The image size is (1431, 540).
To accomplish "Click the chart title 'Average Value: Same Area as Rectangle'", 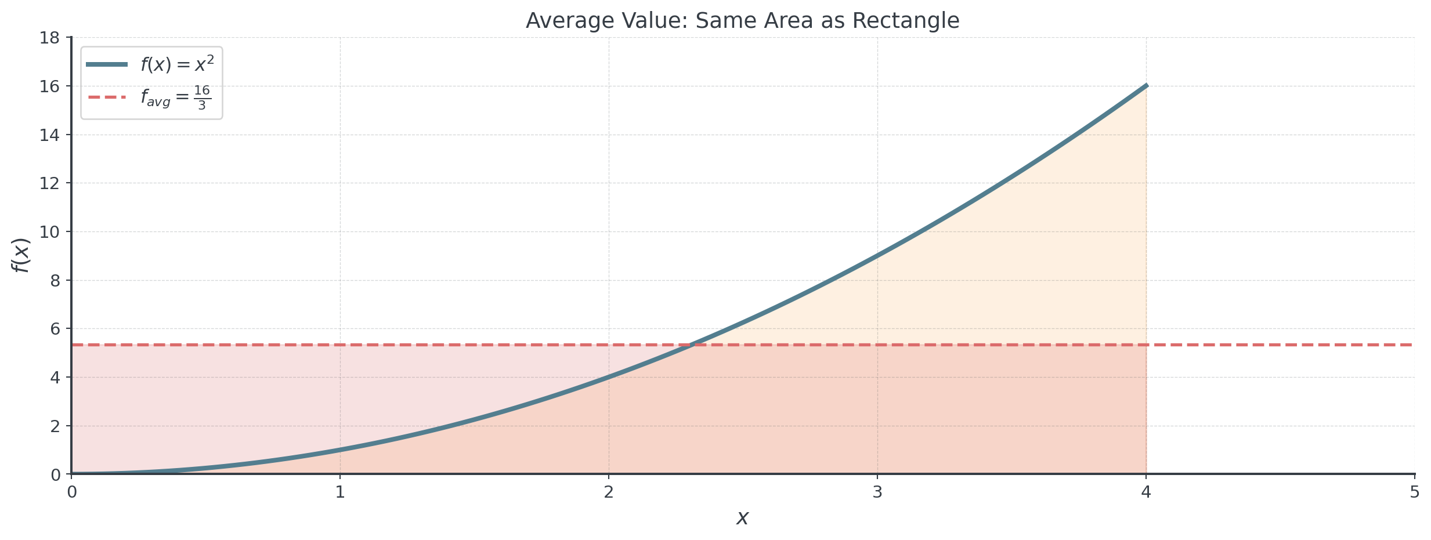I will point(742,21).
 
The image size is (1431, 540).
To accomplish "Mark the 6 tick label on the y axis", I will point(56,329).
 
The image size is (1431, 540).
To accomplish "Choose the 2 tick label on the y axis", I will point(56,426).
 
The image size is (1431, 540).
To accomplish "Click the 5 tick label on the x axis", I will point(1414,493).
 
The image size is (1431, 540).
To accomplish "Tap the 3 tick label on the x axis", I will point(877,493).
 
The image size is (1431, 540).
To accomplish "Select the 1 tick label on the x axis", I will point(340,493).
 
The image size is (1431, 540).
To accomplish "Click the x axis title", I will point(742,517).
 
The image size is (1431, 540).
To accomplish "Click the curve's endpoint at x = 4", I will point(1145,86).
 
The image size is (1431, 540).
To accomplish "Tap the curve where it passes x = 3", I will point(877,255).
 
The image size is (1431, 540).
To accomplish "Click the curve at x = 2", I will point(609,377).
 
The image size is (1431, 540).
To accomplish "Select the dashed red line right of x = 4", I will point(1277,345).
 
